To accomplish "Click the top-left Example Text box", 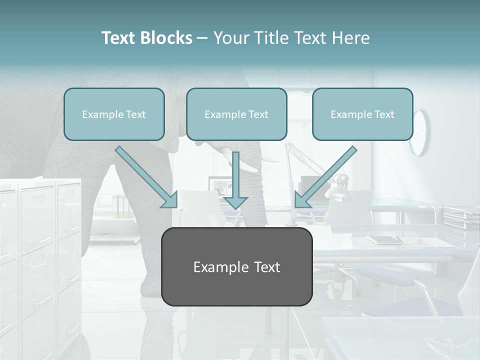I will [114, 114].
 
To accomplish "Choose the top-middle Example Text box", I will [236, 114].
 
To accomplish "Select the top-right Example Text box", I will [362, 114].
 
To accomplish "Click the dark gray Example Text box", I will [236, 266].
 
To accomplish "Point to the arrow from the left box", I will [147, 177].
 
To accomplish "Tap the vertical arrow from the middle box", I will [235, 180].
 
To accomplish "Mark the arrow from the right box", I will [325, 177].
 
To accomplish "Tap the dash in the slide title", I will [202, 38].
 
